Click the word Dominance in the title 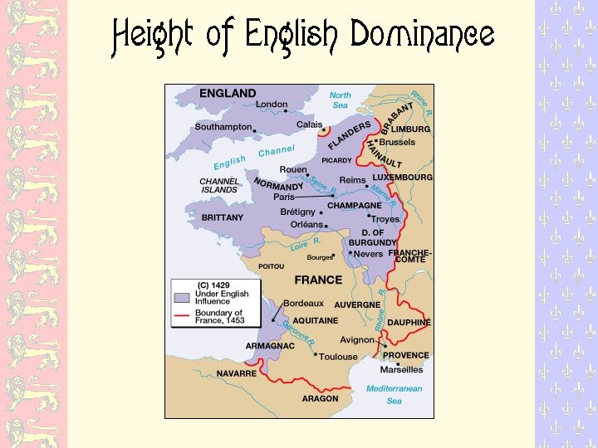coord(422,36)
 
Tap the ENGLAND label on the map coord(228,94)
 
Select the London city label coord(272,105)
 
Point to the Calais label coord(310,124)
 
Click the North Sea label coord(340,100)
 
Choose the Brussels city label coord(396,142)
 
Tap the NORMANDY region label coord(278,186)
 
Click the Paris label coord(284,197)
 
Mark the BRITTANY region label coord(223,217)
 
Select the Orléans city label coord(306,224)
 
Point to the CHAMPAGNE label coord(355,206)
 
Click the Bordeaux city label coord(303,304)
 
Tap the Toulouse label coord(338,357)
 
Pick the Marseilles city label coord(401,369)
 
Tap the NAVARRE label coord(237,373)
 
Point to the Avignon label coord(357,340)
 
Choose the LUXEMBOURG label coord(402,178)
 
